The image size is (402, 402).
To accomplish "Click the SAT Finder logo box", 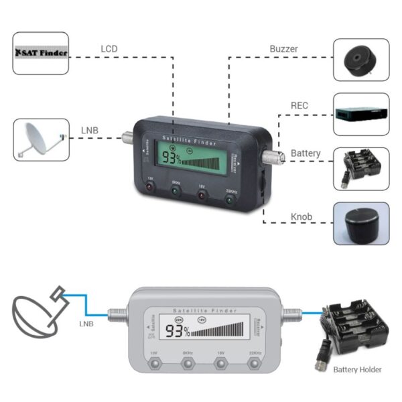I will point(41,52).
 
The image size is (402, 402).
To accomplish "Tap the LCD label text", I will point(109,49).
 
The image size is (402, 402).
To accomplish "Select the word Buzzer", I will point(283,49).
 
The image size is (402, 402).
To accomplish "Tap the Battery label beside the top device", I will point(305,153).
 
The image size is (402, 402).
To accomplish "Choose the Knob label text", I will point(301,217).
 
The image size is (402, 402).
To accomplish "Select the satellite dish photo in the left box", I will point(41,139).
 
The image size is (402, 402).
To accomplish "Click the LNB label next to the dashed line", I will point(90,130).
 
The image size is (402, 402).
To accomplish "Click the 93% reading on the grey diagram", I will point(178,331).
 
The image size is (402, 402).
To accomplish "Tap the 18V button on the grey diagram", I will point(220,364).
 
